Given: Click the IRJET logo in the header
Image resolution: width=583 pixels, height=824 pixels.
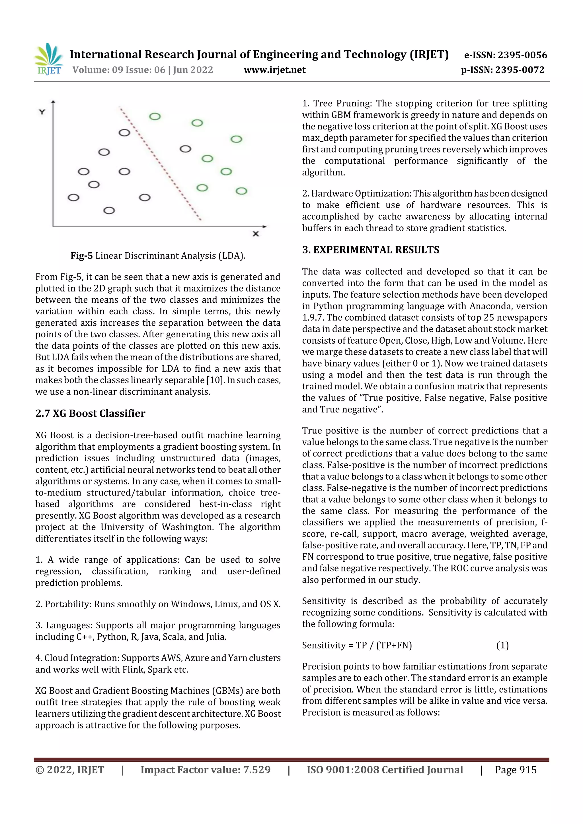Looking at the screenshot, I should (x=48, y=59).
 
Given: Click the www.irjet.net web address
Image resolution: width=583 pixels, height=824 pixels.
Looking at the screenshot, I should (x=274, y=70).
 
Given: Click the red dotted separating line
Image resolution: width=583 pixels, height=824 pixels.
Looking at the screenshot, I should (x=160, y=163).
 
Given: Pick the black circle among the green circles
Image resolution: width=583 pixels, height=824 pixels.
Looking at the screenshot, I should (x=185, y=148).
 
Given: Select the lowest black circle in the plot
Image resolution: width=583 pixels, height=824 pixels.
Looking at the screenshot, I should (x=109, y=210).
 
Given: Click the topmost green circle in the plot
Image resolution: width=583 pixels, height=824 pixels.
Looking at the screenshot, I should (x=155, y=116).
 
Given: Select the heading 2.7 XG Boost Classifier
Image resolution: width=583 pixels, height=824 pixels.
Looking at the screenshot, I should (x=90, y=414).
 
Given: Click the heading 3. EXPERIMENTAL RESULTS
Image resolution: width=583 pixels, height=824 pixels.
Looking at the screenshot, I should (x=370, y=250).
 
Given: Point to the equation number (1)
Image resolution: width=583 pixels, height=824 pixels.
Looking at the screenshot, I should (x=502, y=646).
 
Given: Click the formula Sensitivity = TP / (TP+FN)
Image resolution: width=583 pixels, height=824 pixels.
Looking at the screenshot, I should (x=357, y=646).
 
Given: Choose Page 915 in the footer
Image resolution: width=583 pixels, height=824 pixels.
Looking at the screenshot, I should (x=516, y=770).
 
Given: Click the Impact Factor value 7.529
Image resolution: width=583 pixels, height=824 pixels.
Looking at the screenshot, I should (x=256, y=770).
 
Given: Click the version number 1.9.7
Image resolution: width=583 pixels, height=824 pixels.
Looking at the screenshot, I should (x=313, y=318).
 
